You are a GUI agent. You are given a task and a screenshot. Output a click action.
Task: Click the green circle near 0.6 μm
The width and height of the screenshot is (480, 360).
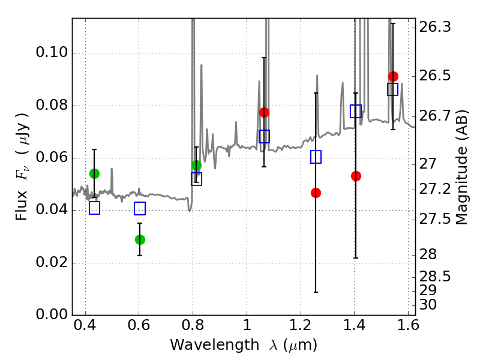pos(140,239)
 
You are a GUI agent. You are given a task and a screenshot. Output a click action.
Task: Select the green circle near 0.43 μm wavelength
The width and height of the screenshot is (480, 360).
pos(95,173)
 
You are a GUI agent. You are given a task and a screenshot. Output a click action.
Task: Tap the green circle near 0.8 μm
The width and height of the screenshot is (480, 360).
pos(197,166)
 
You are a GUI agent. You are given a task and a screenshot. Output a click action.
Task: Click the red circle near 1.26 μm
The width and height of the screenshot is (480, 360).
pos(316,193)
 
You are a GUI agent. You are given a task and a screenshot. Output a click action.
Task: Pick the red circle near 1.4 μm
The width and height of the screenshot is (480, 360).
pos(356,176)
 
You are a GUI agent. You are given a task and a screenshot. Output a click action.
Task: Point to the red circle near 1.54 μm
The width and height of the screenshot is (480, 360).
pos(393,76)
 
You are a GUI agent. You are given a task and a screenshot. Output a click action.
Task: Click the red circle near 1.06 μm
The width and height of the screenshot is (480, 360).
pos(264,112)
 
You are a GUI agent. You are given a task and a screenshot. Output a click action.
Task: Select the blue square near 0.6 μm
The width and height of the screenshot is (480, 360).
pos(140,208)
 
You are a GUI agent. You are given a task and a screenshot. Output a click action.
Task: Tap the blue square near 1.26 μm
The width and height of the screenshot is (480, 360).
pos(316,157)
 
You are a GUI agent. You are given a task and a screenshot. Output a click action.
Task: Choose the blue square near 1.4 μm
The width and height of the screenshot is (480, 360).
pos(356,111)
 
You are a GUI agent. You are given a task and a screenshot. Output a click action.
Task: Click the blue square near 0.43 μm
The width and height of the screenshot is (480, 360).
pos(95,208)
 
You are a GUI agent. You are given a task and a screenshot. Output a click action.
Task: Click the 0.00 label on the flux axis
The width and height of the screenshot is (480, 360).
pos(52,314)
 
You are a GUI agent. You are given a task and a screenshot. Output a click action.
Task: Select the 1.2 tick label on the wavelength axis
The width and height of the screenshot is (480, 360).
pos(301,325)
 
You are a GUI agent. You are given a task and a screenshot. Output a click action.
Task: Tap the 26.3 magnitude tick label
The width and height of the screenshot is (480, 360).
pos(434,27)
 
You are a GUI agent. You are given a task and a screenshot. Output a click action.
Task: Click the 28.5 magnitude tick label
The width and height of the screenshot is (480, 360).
pos(434,277)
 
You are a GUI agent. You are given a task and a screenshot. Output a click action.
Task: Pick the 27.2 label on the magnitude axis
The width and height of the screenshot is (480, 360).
pos(434,190)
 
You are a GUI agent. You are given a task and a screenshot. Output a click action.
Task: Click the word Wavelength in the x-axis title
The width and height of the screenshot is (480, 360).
pos(215,345)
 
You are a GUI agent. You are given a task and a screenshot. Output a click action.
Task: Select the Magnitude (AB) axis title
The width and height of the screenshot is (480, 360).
pos(462,167)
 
